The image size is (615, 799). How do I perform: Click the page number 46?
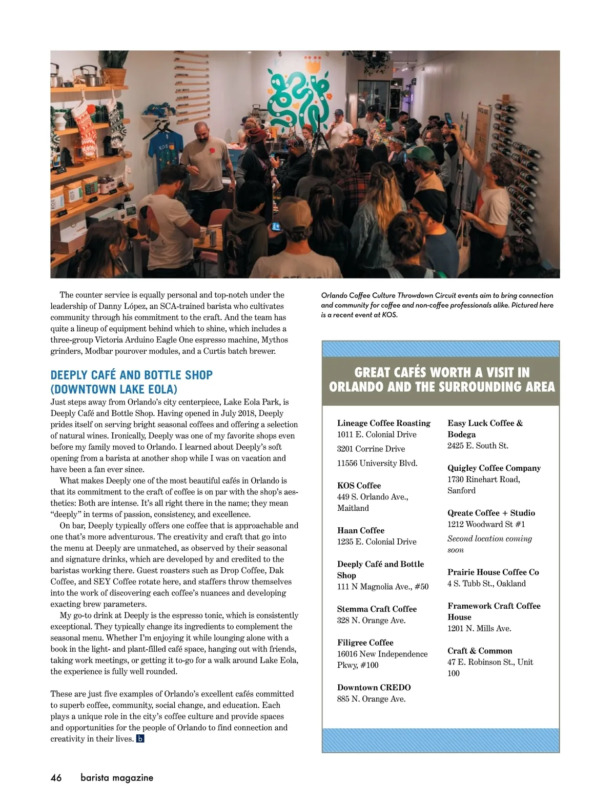(x=56, y=777)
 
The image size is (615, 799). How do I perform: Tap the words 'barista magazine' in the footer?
(x=117, y=777)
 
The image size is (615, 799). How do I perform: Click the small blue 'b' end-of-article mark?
(x=140, y=739)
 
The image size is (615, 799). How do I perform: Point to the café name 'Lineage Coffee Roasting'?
(x=384, y=423)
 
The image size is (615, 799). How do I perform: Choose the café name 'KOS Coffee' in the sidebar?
(x=359, y=486)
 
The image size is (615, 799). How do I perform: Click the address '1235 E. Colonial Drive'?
(x=377, y=542)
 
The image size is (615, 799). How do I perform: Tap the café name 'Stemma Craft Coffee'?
(x=377, y=609)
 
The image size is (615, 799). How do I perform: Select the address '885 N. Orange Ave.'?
(x=371, y=699)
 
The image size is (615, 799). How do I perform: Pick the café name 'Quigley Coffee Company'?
(x=494, y=468)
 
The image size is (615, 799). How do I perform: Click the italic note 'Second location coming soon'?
(x=489, y=544)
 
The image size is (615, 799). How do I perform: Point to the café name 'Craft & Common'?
(x=480, y=651)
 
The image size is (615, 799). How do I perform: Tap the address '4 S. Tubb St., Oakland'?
(x=486, y=584)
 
